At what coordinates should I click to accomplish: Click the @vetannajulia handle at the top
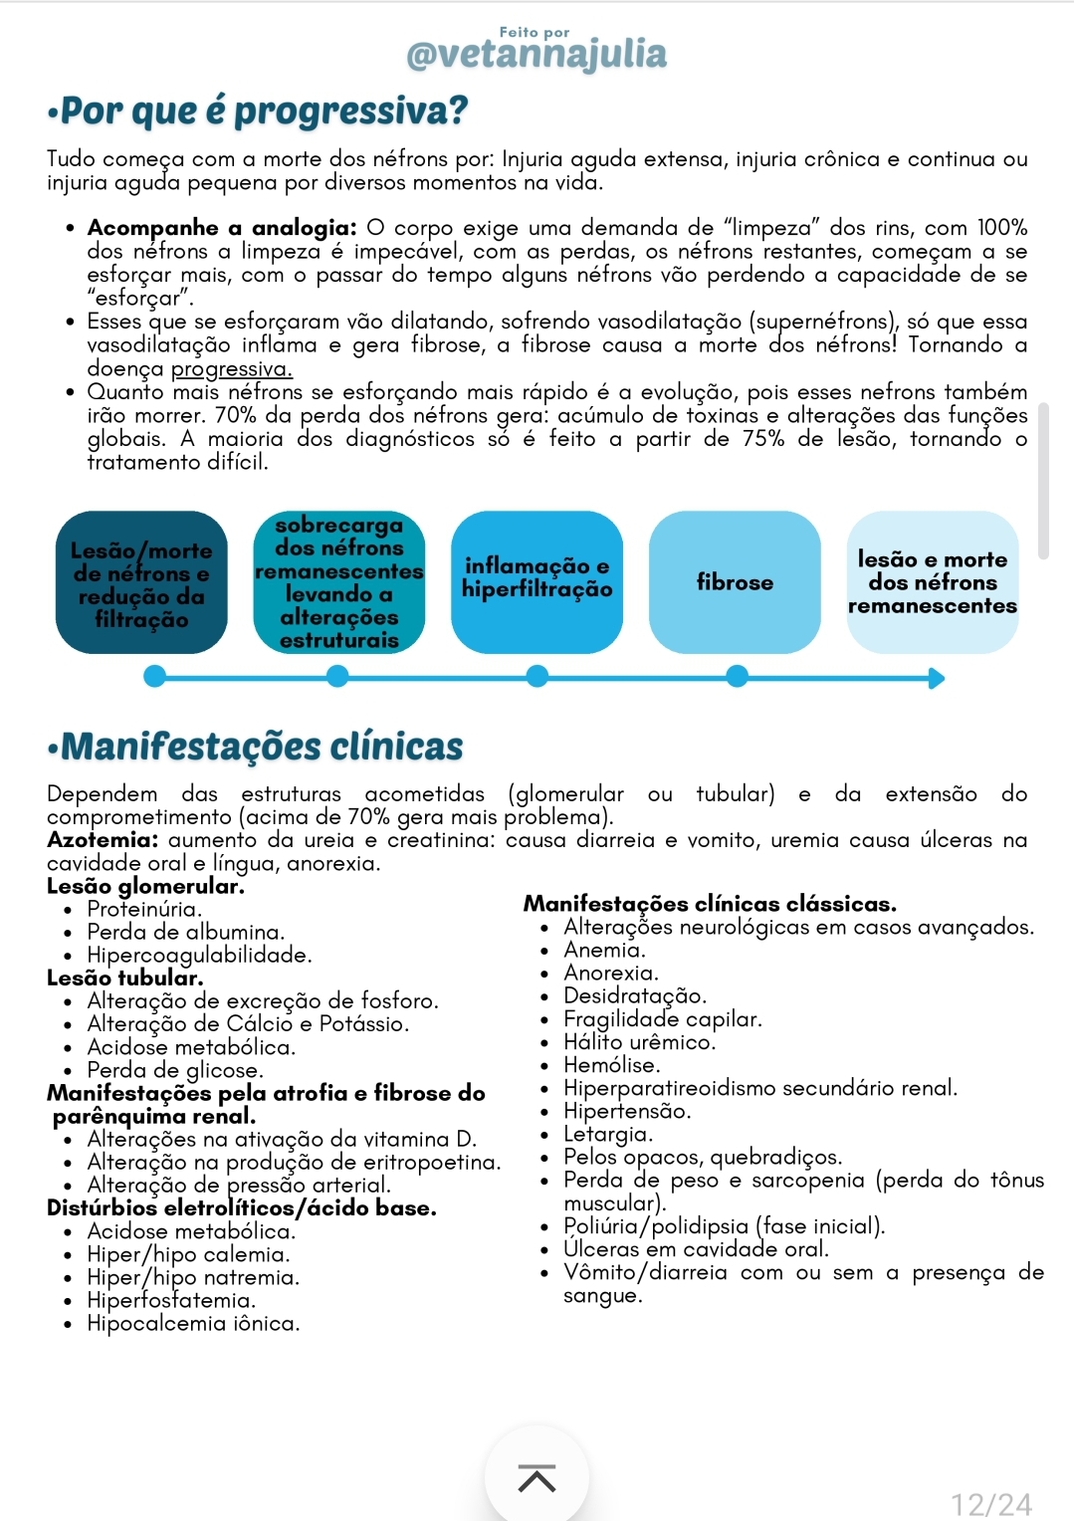(x=537, y=54)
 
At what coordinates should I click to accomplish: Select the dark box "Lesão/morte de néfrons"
(x=141, y=583)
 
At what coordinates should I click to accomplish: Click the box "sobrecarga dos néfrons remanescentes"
(x=338, y=583)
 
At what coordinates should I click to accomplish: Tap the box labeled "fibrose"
(x=735, y=582)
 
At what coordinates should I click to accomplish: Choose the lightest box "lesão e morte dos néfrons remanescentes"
(x=932, y=582)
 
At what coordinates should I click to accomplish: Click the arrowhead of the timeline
(x=936, y=679)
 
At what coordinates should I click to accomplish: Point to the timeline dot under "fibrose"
(x=737, y=677)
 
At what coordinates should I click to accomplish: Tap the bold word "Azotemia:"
(x=103, y=840)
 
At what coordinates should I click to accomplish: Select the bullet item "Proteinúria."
(x=144, y=909)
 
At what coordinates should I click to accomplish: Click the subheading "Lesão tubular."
(x=124, y=978)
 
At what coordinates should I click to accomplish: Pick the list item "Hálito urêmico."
(x=639, y=1042)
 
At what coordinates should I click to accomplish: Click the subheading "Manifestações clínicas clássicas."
(x=710, y=904)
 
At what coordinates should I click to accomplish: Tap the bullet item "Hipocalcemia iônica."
(x=193, y=1323)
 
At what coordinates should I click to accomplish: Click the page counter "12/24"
(x=991, y=1503)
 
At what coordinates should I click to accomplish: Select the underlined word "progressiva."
(x=231, y=368)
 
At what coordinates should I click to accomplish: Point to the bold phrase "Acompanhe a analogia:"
(x=221, y=228)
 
